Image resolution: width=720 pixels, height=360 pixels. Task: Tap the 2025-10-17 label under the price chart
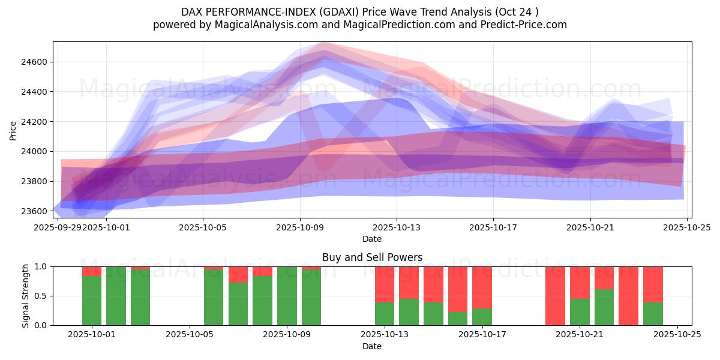493,227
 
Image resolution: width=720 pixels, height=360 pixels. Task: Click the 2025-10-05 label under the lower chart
190,334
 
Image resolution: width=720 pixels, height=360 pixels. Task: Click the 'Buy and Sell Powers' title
372,257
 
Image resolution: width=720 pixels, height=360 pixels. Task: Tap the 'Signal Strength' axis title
25,296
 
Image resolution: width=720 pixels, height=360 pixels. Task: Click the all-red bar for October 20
555,296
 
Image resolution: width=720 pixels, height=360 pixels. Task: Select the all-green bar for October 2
116,296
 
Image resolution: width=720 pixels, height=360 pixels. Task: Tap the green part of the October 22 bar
604,307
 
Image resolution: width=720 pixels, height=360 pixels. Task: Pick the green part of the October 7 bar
238,304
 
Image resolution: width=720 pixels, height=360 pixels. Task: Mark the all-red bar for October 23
628,296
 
